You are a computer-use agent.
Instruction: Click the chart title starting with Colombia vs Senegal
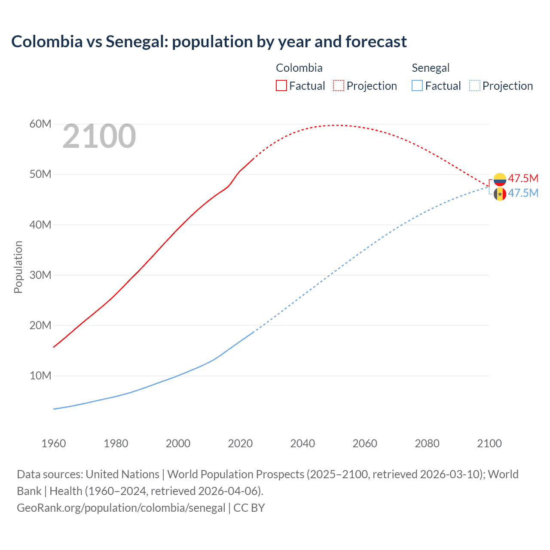pos(209,42)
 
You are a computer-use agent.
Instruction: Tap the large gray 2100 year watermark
pos(99,137)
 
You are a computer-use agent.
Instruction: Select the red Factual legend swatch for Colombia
pos(281,86)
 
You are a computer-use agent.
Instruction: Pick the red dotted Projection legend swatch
pos(339,86)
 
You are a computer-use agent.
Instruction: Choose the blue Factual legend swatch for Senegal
pos(417,86)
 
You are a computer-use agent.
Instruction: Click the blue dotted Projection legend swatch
pos(474,86)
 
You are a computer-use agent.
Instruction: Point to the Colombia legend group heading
pos(299,68)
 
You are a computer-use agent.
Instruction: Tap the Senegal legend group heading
pos(431,68)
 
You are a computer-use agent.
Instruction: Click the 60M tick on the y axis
pos(40,124)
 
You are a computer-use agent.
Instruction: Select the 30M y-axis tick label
pos(40,275)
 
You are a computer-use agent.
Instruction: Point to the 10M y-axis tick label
pos(40,376)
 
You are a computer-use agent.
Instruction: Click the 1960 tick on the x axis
pos(54,443)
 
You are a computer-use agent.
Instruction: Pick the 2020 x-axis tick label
pos(240,443)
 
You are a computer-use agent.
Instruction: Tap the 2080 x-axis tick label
pos(427,443)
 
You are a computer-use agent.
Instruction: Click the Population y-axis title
pos(18,267)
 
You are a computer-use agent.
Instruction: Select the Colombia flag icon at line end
pos(500,180)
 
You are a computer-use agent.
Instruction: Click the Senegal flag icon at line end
pos(500,194)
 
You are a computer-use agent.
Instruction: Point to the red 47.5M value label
pos(523,178)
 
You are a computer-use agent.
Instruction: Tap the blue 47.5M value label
pos(523,193)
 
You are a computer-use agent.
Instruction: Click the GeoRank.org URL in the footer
pos(121,508)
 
